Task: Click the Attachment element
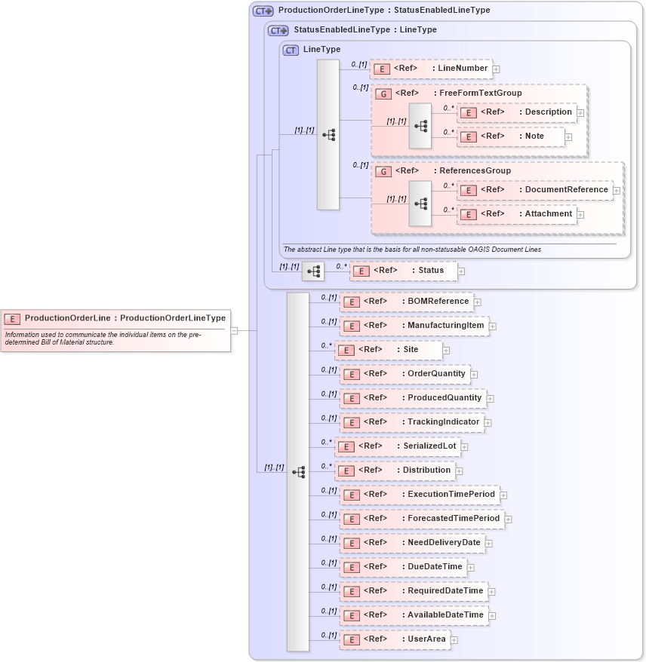[518, 214]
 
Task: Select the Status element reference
[403, 271]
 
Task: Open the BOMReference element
[407, 302]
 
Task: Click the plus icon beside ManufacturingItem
[493, 326]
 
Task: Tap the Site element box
[389, 350]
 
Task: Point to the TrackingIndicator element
[412, 422]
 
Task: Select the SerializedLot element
[398, 446]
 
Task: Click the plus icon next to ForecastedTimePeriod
[509, 519]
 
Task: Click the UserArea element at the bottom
[395, 639]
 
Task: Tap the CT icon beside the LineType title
[291, 50]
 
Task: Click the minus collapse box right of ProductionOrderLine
[235, 330]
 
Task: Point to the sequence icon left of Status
[313, 271]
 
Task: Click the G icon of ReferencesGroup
[383, 171]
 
